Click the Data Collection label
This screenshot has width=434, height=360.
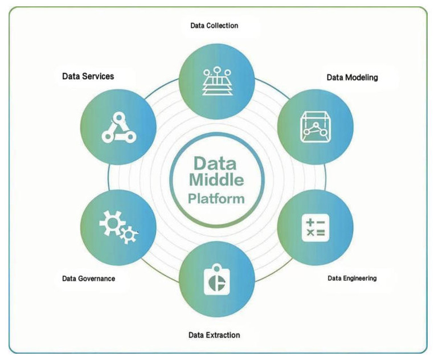[x=214, y=26]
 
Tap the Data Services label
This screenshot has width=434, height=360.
[x=88, y=76]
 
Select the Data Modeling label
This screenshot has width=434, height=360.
[x=352, y=77]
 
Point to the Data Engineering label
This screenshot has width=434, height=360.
[x=352, y=278]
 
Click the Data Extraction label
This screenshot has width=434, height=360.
[x=214, y=335]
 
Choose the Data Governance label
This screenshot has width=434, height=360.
[x=89, y=279]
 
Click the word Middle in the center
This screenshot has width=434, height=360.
[x=216, y=180]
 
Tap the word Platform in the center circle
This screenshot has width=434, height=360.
[x=216, y=199]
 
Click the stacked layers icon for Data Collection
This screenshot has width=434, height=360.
[x=217, y=80]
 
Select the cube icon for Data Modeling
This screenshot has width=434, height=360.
[x=316, y=127]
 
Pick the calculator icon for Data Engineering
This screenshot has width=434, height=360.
[x=316, y=228]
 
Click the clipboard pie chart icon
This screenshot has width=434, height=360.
[x=217, y=280]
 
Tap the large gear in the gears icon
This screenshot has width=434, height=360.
[x=112, y=223]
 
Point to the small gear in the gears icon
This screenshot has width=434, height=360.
[x=128, y=235]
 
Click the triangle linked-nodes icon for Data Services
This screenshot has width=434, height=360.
[x=119, y=128]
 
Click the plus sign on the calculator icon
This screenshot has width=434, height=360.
[x=310, y=222]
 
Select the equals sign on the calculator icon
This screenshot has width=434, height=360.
[x=321, y=232]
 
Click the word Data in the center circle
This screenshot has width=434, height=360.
[x=215, y=163]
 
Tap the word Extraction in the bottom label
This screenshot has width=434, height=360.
[x=223, y=335]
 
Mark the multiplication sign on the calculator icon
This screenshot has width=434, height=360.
[x=310, y=232]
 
